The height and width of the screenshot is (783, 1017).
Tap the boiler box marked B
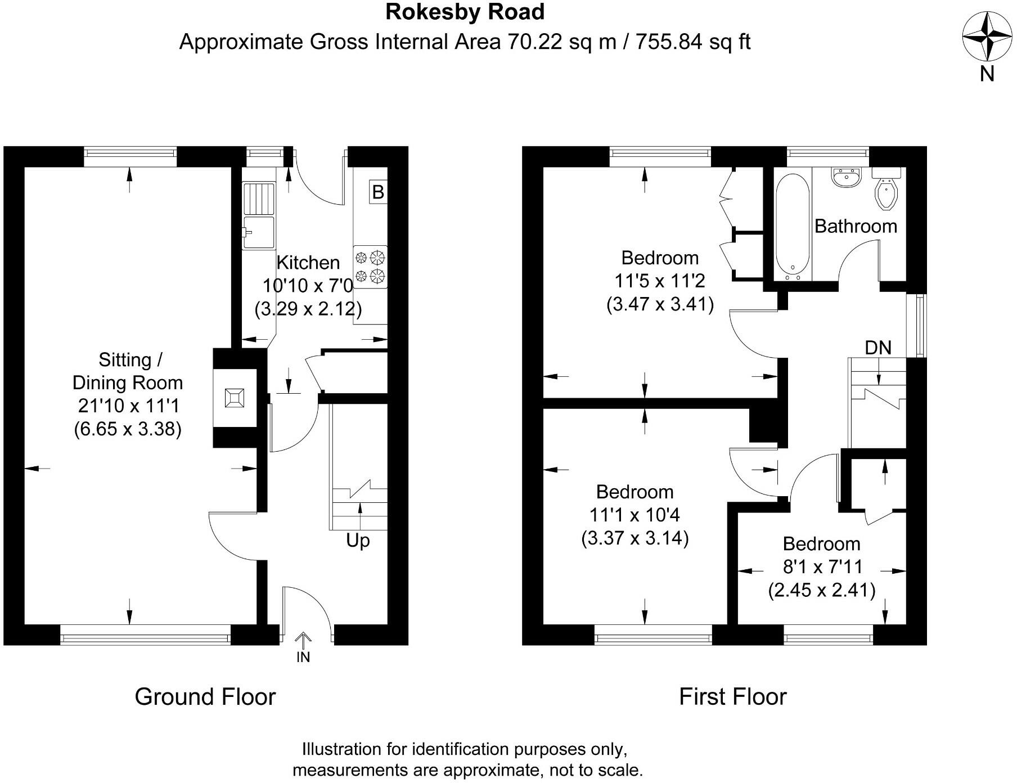coord(378,192)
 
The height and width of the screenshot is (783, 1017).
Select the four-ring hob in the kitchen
coord(370,267)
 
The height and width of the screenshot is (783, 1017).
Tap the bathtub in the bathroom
coord(792,226)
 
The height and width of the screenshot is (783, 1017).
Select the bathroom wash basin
coord(846,177)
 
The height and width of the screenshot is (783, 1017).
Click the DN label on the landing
coord(877,348)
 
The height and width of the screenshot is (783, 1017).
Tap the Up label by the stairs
coord(358,541)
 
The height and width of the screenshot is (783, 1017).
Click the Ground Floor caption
coord(205,696)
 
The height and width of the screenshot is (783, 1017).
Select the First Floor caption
coord(732,696)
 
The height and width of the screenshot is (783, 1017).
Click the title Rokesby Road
coord(465,12)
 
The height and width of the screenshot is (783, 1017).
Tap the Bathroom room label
coord(856,226)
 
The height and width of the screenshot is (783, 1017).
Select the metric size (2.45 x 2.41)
coord(821,590)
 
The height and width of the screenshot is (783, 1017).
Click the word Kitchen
coord(308,262)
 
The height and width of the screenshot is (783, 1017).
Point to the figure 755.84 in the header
coord(670,42)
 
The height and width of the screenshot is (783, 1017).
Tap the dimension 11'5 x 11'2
coord(660,281)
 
